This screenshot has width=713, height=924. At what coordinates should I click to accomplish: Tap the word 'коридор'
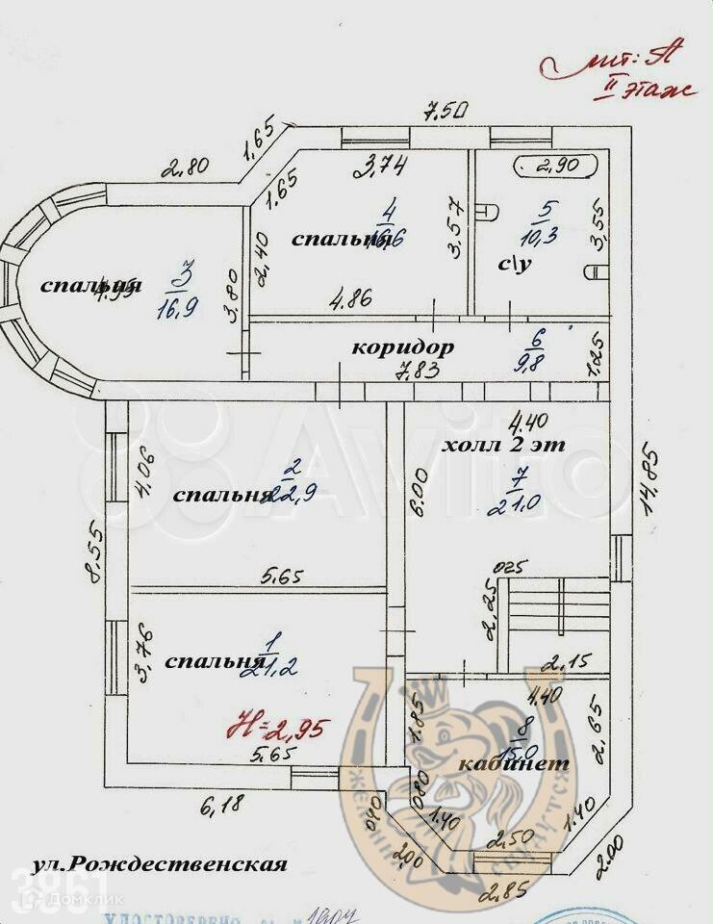402,346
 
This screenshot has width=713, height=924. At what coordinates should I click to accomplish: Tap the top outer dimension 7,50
446,113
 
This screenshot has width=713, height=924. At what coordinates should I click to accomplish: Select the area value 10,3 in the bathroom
548,237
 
